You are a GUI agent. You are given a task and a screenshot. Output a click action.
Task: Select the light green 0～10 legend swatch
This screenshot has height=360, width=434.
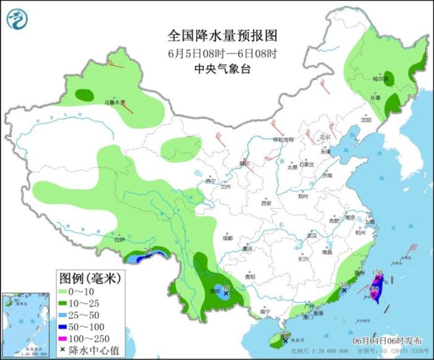(64, 290)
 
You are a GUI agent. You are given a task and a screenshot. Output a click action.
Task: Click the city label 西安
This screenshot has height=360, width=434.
(266, 203)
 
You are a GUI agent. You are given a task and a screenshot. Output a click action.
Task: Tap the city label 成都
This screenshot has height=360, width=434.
(228, 238)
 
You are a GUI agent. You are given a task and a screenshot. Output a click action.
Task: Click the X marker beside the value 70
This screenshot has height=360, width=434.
(148, 256)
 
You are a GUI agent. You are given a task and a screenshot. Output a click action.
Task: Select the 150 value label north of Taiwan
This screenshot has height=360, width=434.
(376, 272)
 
